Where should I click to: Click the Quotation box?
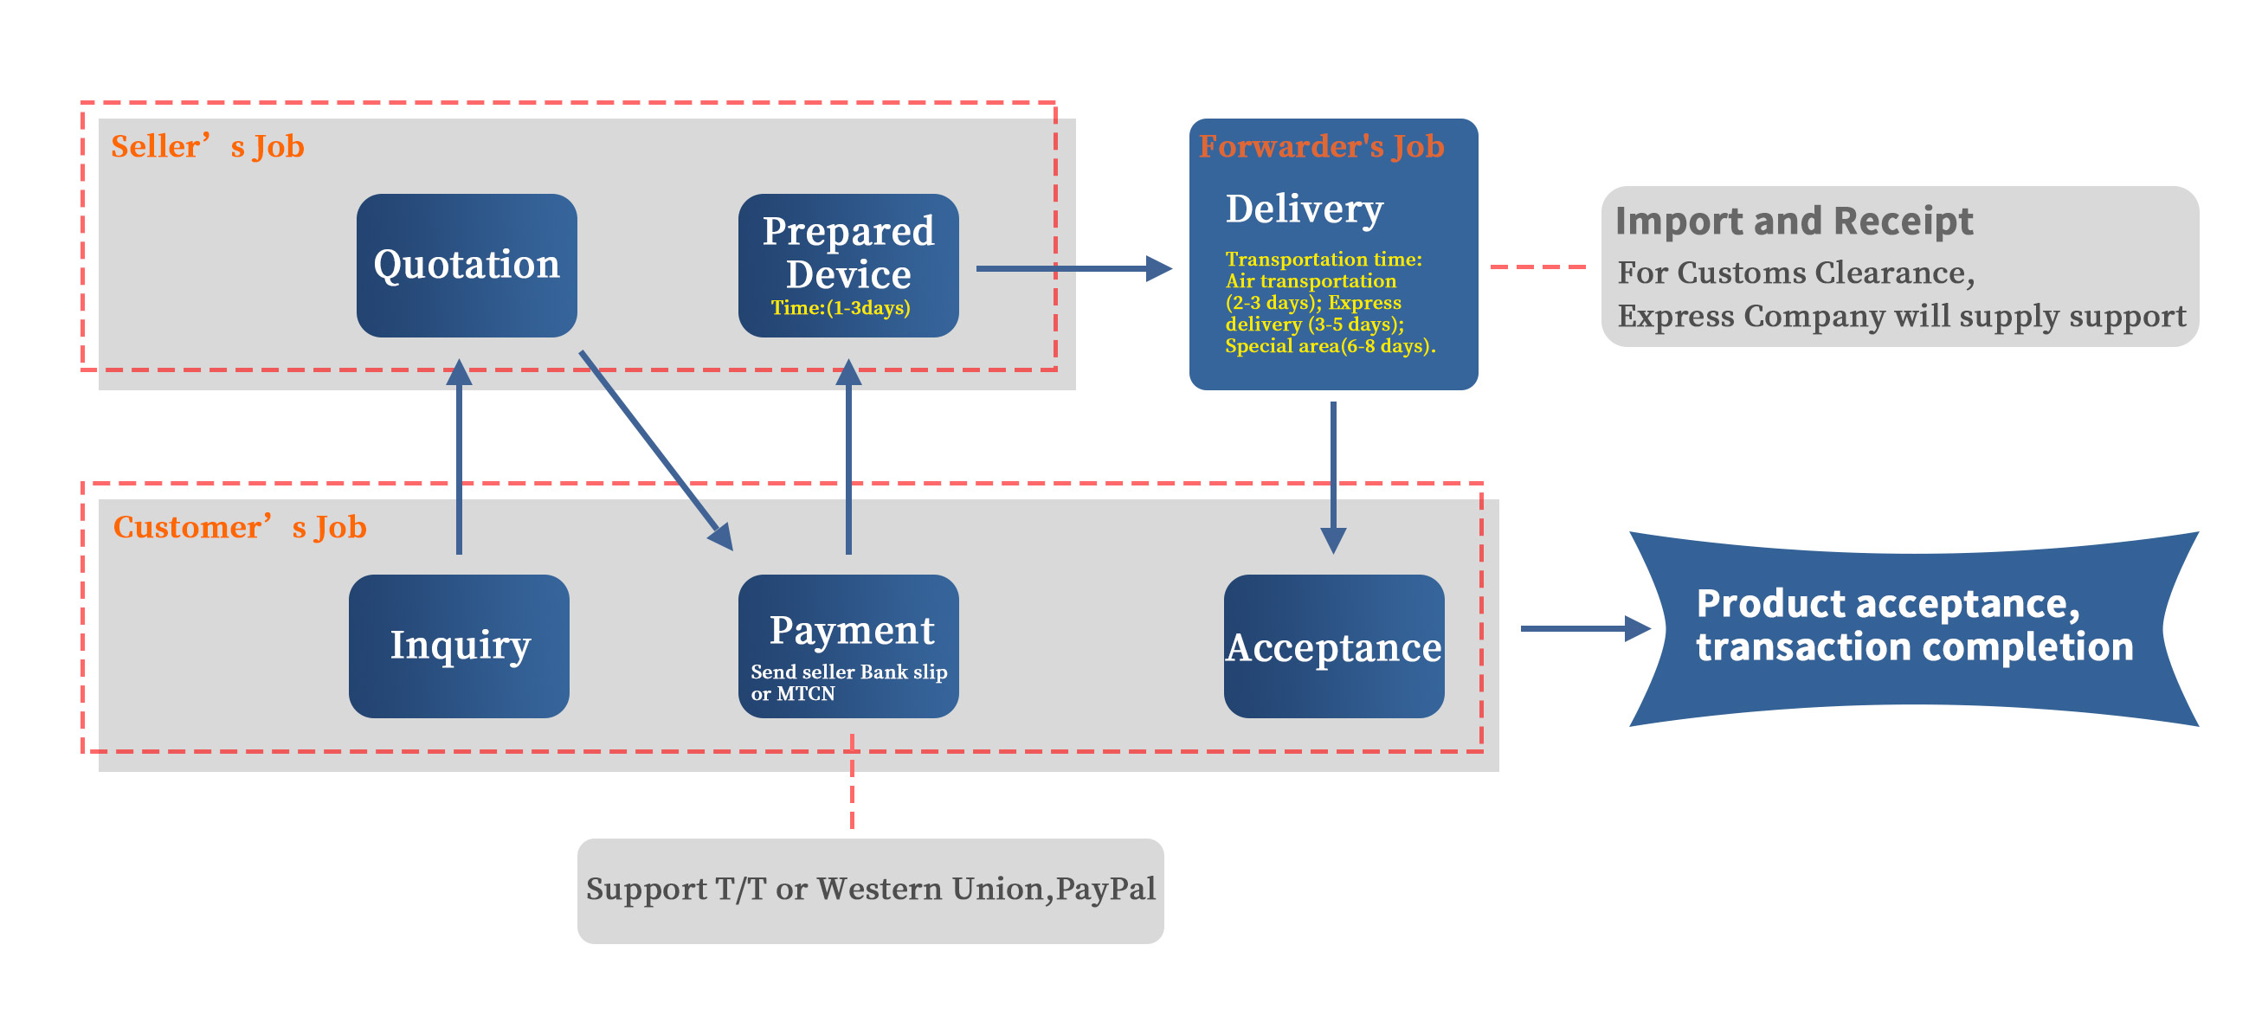coord(467,266)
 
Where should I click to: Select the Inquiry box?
coord(459,646)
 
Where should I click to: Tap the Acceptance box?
coord(1333,646)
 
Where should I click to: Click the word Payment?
coord(851,630)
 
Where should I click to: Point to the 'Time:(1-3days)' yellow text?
coord(840,308)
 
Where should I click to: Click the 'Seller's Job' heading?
coord(207,146)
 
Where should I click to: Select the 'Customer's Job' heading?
coord(239,527)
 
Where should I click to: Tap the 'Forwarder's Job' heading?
coord(1321,146)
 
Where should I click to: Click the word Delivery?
coord(1305,209)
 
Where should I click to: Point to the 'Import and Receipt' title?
coord(1794,221)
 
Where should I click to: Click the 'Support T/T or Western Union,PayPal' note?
coord(871,890)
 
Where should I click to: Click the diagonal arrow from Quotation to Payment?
coord(654,449)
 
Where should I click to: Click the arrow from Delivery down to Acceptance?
coord(1333,476)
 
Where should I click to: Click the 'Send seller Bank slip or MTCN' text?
coord(847,683)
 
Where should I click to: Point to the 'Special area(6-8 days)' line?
coord(1329,346)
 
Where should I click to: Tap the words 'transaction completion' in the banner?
coord(1914,647)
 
